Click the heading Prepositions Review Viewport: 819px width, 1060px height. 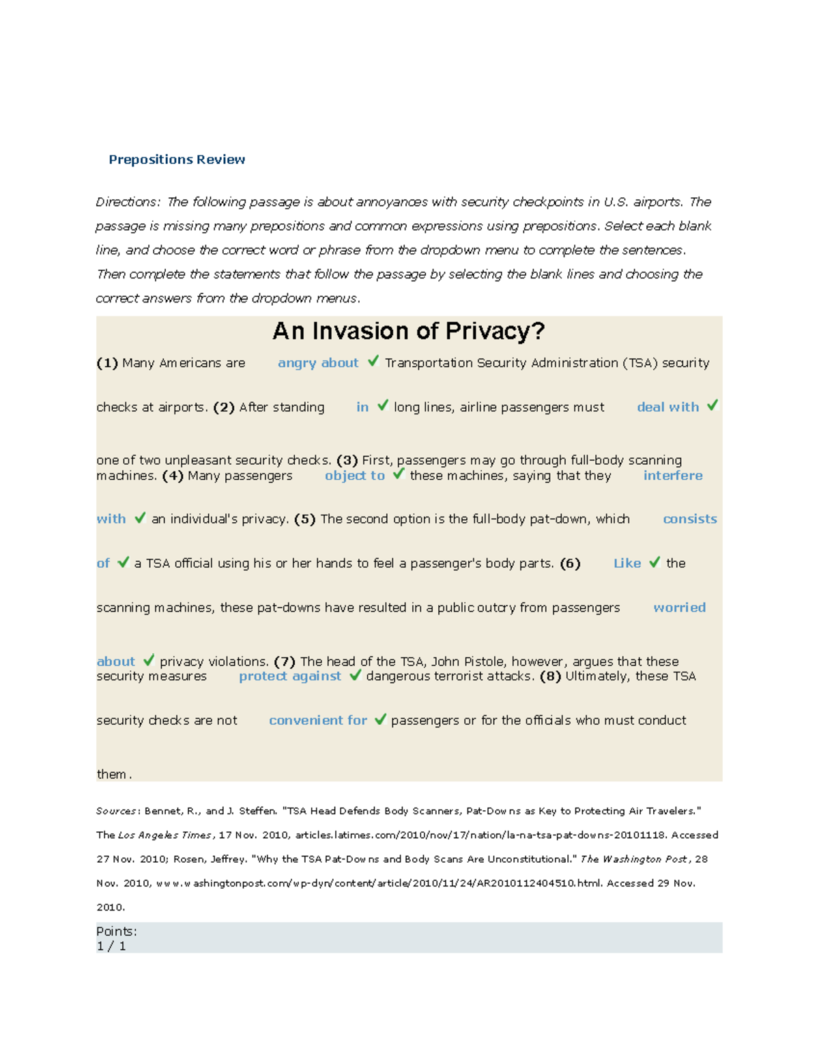(x=177, y=160)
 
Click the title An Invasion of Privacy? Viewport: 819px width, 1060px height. (x=408, y=332)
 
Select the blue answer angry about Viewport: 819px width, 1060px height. (x=317, y=363)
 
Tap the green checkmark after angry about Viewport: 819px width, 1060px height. (x=373, y=361)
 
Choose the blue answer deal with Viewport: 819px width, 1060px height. (x=667, y=407)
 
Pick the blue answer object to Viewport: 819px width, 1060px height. (x=354, y=476)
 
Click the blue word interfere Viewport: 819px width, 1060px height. (x=672, y=476)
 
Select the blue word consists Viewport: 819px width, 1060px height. (x=689, y=519)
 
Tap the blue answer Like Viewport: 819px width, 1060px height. (x=627, y=564)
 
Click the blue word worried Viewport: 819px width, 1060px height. (x=679, y=608)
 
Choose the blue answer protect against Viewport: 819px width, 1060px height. (x=289, y=676)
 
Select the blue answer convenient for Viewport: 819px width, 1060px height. (x=317, y=721)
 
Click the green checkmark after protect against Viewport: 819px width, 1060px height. (x=355, y=675)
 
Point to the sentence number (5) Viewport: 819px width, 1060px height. (x=304, y=519)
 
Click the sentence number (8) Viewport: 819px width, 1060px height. (x=549, y=676)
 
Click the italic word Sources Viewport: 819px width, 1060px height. (x=117, y=812)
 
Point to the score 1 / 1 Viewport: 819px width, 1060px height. (x=111, y=946)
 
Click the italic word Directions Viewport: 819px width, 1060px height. (x=128, y=202)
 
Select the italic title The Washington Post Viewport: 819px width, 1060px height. (x=635, y=859)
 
